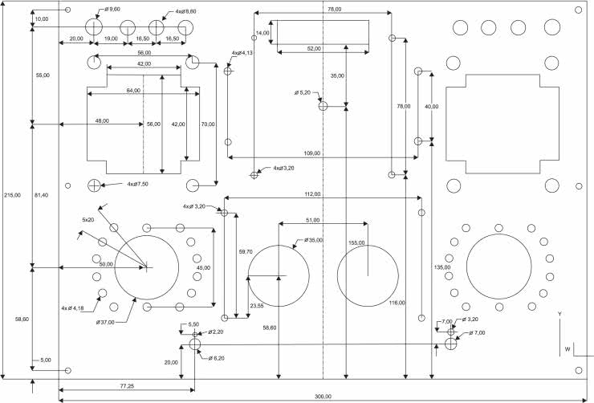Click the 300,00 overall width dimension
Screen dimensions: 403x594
pos(323,397)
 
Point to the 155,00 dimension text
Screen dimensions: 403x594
pos(357,242)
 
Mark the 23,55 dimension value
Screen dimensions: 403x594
pos(258,305)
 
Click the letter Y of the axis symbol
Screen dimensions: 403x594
pos(560,313)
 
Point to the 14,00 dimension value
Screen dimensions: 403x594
pos(262,33)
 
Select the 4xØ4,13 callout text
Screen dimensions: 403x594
pos(242,53)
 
